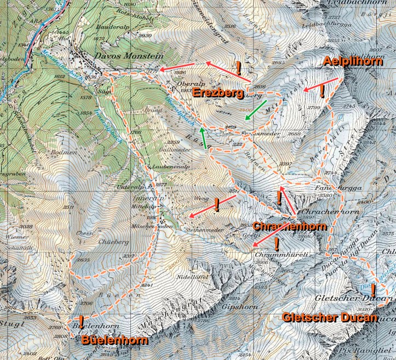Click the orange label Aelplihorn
tap(353, 61)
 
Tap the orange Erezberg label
tap(217, 93)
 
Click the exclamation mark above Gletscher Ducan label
tap(372, 289)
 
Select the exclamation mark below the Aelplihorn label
tap(322, 91)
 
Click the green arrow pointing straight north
tap(203, 138)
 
